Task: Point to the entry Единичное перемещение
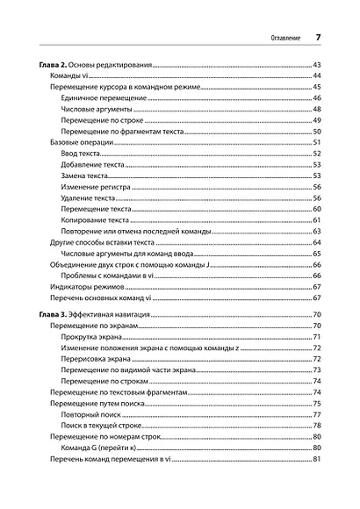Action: pos(103,99)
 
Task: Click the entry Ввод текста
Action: pos(84,154)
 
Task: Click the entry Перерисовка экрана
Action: pos(99,359)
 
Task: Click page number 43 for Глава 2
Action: pos(318,66)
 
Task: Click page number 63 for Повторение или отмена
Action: pos(318,232)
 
